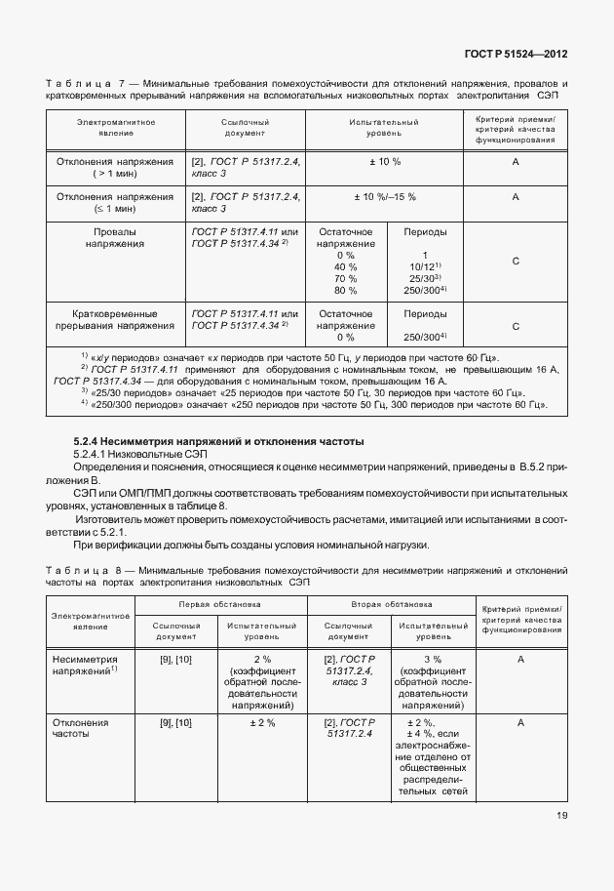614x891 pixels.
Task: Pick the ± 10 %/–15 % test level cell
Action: (384, 196)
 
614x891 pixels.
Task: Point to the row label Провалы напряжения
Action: (116, 238)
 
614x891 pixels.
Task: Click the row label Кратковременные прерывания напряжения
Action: (116, 319)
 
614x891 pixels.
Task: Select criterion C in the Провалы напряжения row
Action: (515, 262)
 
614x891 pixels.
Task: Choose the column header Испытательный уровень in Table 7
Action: (384, 128)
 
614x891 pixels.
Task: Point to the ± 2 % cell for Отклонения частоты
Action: (262, 723)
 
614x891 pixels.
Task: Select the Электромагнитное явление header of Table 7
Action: (116, 128)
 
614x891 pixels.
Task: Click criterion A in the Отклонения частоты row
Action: (521, 723)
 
